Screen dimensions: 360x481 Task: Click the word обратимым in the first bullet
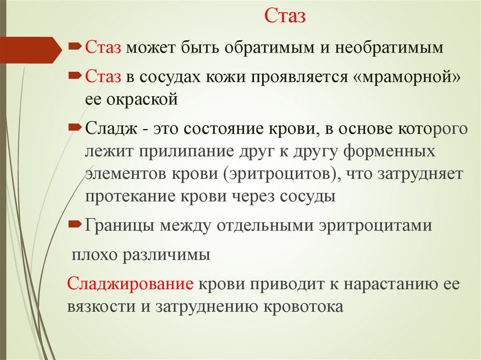pos(277,48)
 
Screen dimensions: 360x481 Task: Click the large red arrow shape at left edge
pos(28,49)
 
